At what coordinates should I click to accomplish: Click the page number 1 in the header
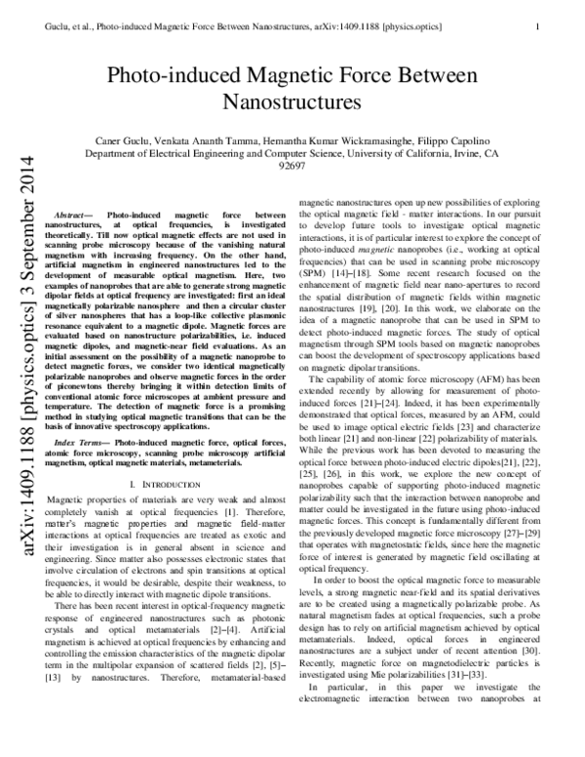tap(538, 15)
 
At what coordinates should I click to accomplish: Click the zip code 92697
tap(292, 166)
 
